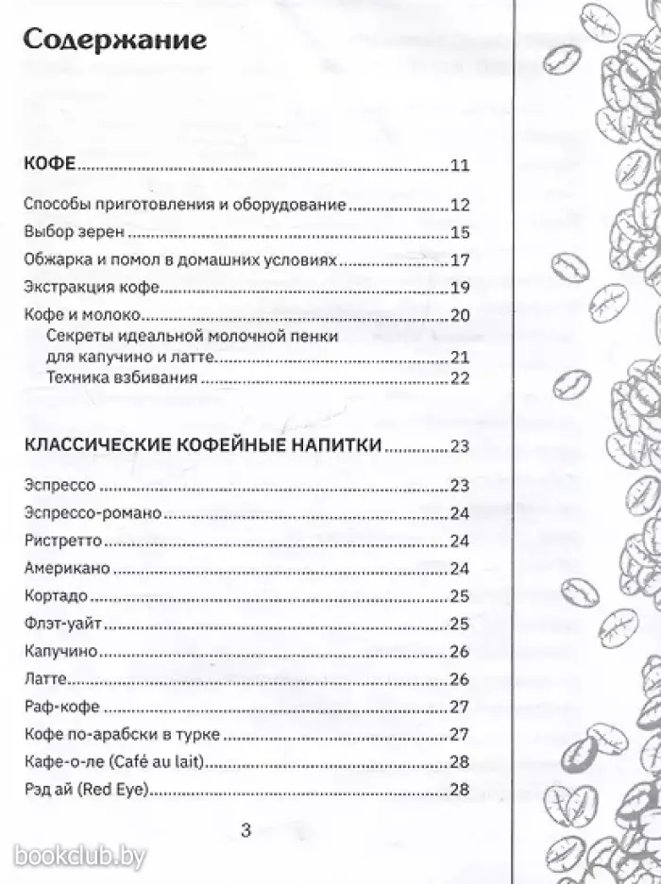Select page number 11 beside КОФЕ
click(460, 167)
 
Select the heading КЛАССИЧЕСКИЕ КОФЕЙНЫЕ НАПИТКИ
click(202, 446)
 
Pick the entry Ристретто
click(61, 542)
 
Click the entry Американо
click(66, 569)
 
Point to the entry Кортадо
click(57, 596)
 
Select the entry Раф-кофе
click(59, 707)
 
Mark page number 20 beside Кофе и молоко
click(460, 316)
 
